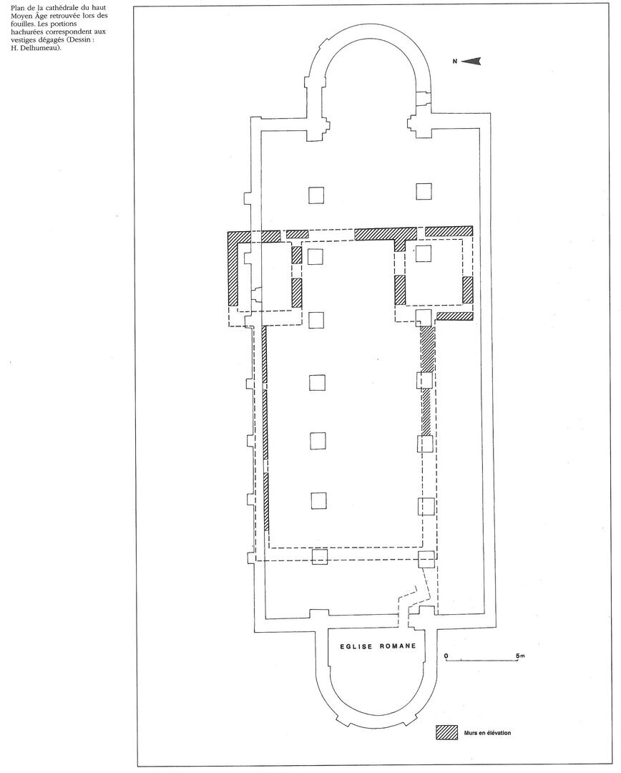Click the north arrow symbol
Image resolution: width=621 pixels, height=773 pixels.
pos(471,61)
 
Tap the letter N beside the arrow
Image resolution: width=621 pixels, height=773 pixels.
pos(455,61)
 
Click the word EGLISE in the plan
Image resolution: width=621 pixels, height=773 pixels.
pos(356,646)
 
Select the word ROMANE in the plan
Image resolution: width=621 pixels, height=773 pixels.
pos(398,646)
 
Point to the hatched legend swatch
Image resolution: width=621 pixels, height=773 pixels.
pos(445,733)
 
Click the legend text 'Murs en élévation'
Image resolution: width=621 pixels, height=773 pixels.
pos(487,733)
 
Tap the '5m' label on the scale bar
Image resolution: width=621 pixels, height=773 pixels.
pos(520,656)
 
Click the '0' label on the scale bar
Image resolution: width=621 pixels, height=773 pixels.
pos(446,656)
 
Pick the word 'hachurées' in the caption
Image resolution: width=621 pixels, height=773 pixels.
pos(21,31)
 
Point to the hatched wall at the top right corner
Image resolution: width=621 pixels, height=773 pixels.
pos(449,230)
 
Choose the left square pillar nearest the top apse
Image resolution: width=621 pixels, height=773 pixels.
pos(316,194)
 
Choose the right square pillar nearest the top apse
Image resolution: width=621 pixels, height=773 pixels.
pos(424,191)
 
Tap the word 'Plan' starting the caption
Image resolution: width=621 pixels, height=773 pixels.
pos(10,8)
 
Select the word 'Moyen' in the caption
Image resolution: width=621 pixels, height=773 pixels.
pos(14,16)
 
